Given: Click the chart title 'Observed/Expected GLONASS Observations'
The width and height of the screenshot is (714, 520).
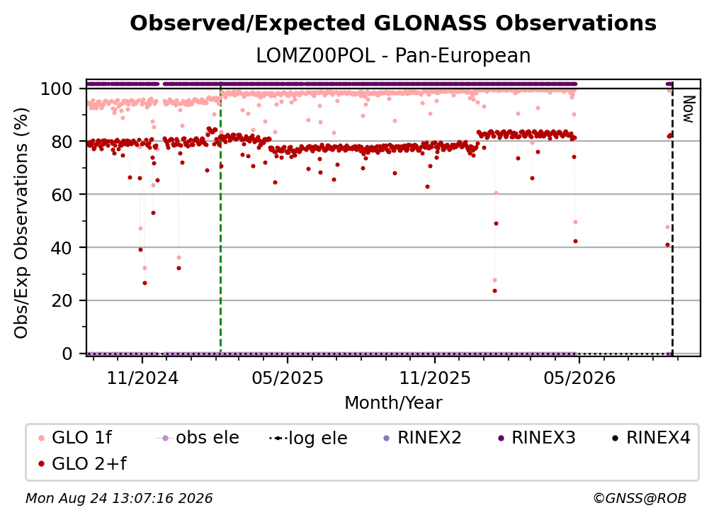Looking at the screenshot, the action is click(393, 23).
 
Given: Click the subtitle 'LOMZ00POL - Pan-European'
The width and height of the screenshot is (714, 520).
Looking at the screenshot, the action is click(393, 56).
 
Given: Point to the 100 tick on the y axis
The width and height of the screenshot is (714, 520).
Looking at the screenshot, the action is click(57, 89).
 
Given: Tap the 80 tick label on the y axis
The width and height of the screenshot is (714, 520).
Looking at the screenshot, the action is click(62, 142).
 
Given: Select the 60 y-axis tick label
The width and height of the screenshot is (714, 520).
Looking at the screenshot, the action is click(62, 195).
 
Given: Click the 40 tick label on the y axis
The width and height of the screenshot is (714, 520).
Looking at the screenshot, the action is click(62, 248).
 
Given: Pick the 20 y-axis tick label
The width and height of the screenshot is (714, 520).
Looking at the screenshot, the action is click(62, 301).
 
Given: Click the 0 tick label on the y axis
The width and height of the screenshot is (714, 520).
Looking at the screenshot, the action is click(67, 354).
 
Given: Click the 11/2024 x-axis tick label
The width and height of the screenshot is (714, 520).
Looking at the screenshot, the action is click(142, 378).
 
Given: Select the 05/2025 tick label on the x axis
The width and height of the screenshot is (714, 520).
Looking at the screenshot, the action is click(288, 378).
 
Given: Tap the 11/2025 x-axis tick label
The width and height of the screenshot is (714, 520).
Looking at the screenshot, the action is click(435, 378).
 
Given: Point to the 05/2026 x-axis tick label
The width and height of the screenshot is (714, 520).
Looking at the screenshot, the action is click(579, 378).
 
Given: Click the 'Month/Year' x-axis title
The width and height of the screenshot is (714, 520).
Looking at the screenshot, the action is click(393, 402).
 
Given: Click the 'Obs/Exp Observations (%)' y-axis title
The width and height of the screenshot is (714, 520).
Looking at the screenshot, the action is click(21, 223).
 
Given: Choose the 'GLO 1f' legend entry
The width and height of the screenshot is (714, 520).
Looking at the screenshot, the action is click(75, 438).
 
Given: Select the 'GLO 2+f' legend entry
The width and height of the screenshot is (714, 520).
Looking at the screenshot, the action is click(82, 464).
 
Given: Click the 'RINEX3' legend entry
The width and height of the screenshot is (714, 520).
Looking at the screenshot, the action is click(537, 438).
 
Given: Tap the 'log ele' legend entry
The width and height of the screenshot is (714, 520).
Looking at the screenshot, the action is click(308, 438).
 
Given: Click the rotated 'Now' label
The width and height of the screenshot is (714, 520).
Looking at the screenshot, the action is click(688, 109).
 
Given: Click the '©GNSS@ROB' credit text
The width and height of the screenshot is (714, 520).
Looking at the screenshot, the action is click(640, 499).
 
